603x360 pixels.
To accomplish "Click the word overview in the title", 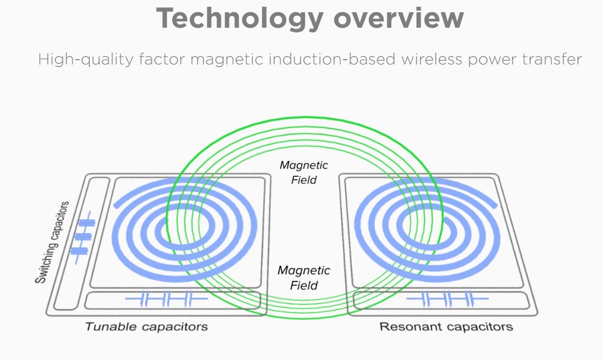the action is tap(399, 19).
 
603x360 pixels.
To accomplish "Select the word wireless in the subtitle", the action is tap(432, 59).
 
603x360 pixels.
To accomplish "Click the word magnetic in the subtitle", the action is tap(227, 59).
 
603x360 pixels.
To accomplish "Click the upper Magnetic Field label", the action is tap(304, 173).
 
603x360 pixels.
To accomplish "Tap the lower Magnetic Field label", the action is tap(304, 277).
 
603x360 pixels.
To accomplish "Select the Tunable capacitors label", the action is tap(146, 327).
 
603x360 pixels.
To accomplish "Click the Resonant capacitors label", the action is tap(446, 327).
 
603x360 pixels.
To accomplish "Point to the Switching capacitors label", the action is tap(52, 242).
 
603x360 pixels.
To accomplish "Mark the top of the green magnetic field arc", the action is tap(304, 118).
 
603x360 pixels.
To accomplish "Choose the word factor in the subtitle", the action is tap(162, 59).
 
